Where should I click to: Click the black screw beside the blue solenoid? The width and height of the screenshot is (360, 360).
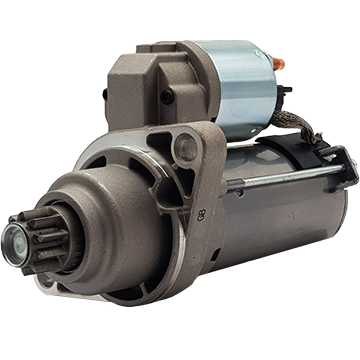tap(166, 98)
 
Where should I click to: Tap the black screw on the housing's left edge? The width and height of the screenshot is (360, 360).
tap(105, 95)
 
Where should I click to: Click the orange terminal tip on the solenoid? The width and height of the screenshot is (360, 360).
tap(278, 62)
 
